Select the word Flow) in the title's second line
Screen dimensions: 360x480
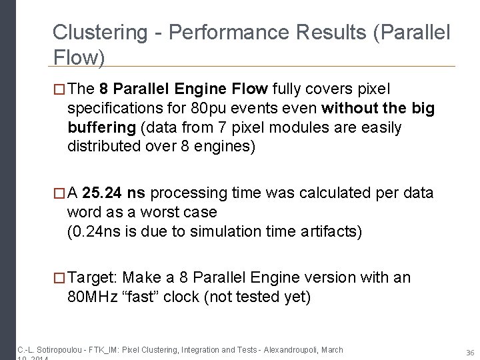click(x=79, y=59)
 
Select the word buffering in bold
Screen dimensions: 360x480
click(x=98, y=127)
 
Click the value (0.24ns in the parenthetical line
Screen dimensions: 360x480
click(x=93, y=231)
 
